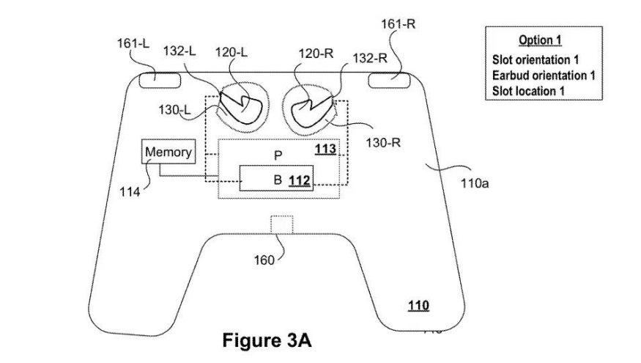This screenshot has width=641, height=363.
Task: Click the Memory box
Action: coord(169,153)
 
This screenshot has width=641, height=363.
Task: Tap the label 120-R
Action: coord(316,54)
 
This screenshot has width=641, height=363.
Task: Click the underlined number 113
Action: coord(325,150)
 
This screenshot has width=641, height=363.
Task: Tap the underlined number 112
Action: coord(298,180)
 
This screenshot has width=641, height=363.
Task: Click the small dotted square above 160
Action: coord(281,224)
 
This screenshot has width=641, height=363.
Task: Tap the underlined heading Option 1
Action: coord(540,40)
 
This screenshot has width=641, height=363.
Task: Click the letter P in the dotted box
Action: coord(278,155)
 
